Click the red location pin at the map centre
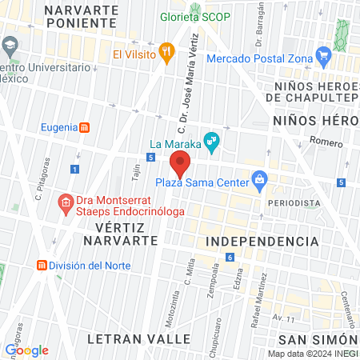tap(180, 166)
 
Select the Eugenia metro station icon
tap(85, 127)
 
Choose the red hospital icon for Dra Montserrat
tap(67, 203)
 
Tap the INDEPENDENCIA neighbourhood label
tap(262, 241)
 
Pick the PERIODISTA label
tap(294, 203)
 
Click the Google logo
tap(26, 350)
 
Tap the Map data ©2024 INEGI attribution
tap(312, 354)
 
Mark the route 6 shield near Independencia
tap(230, 257)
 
